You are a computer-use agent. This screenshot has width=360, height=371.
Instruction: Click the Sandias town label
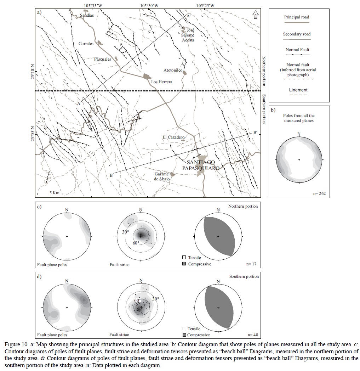[87, 16]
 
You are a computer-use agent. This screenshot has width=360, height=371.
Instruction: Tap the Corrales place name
[86, 44]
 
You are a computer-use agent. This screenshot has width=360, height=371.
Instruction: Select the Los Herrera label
[161, 82]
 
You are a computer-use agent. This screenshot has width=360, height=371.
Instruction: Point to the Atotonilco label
[173, 71]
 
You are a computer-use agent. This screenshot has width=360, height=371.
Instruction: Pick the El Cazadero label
[173, 137]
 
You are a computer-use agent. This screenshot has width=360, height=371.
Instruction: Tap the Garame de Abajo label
[162, 176]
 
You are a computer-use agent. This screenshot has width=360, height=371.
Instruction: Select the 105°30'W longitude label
[149, 5]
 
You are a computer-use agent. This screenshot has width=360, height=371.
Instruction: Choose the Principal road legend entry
[297, 17]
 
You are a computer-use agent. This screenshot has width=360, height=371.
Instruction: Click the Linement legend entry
[298, 90]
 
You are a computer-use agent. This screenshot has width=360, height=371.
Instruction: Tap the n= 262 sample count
[319, 193]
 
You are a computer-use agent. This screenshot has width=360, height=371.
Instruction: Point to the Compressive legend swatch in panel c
[184, 264]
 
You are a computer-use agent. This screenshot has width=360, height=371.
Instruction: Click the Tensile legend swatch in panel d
[184, 329]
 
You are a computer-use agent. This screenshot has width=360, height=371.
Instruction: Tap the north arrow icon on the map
[255, 14]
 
